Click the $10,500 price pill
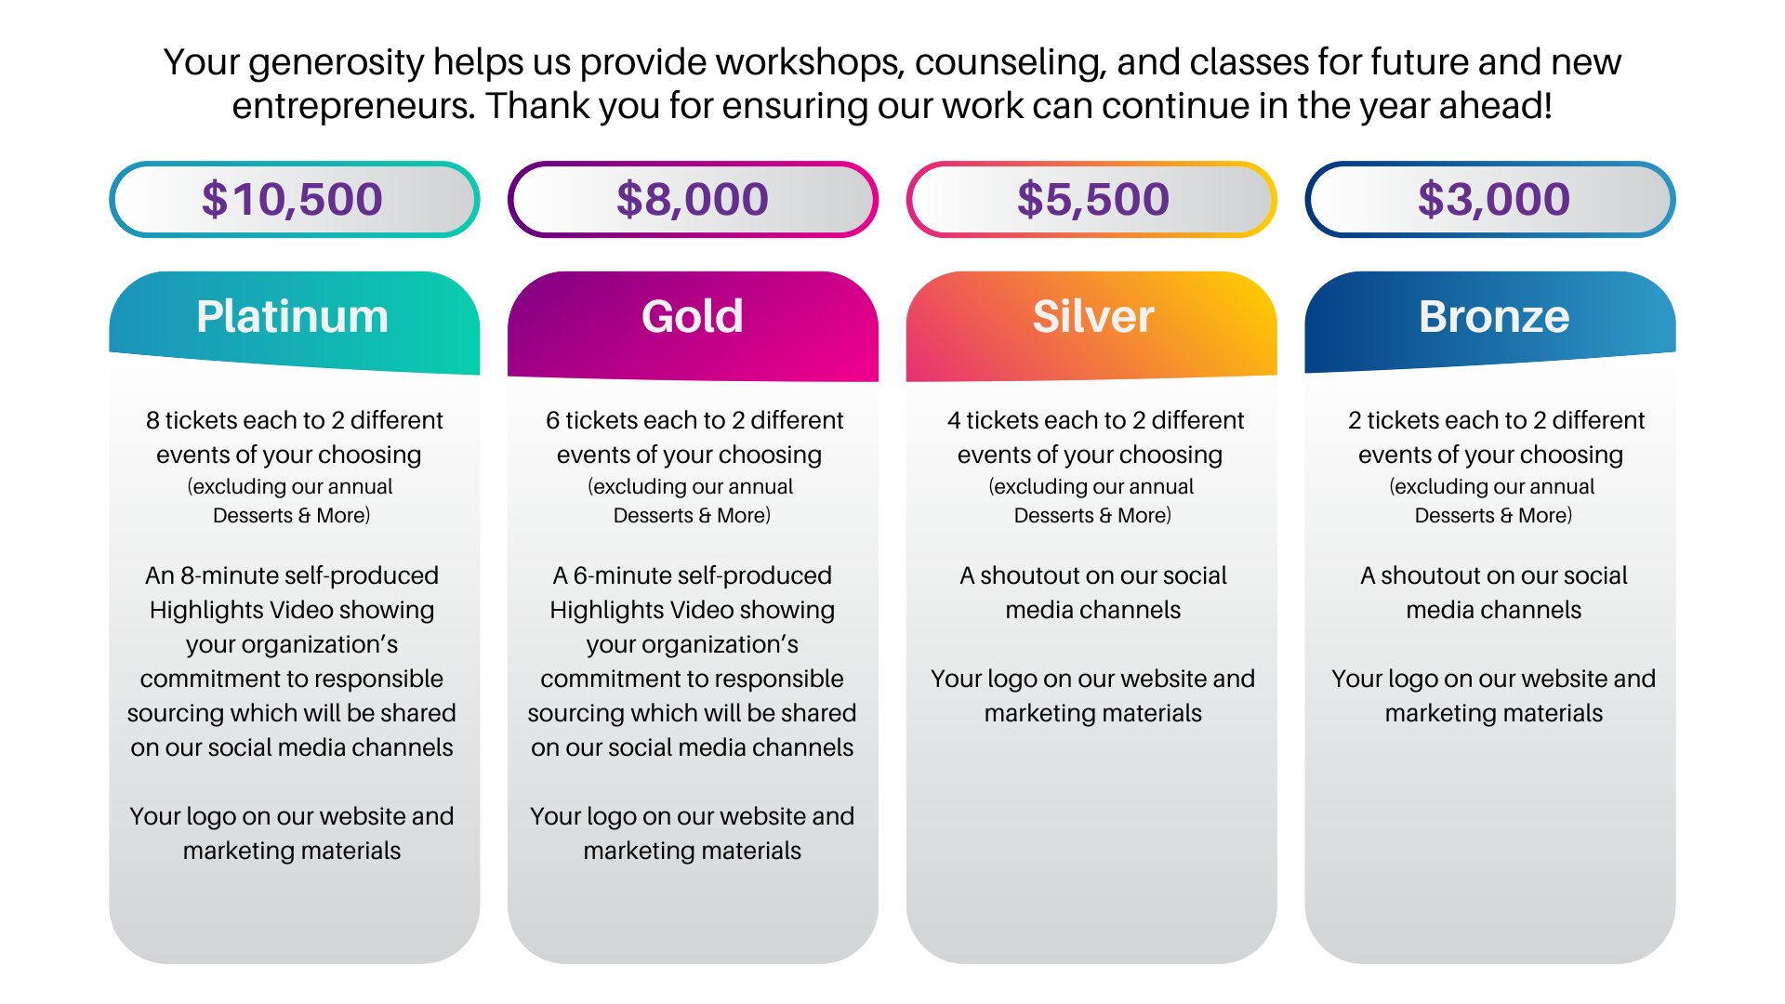(294, 199)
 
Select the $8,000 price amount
(693, 199)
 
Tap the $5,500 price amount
(1092, 199)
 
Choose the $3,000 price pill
(1490, 199)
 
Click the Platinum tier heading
(293, 316)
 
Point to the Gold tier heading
(693, 316)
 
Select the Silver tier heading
(1093, 316)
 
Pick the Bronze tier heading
(1494, 316)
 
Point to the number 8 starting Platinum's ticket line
(152, 420)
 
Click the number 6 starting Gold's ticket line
(553, 420)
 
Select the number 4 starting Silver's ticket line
(954, 420)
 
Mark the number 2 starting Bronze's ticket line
(1355, 420)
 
